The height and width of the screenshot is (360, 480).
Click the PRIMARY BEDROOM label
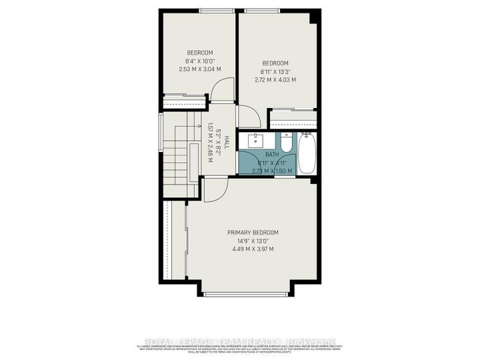[253, 232]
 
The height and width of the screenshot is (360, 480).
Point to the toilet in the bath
[286, 143]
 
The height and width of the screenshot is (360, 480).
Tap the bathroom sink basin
[257, 141]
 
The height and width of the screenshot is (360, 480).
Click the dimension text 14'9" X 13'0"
[253, 241]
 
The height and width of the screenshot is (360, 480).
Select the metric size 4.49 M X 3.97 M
[253, 249]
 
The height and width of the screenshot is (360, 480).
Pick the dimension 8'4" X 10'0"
[199, 61]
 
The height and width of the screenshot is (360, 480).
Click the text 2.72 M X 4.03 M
[275, 80]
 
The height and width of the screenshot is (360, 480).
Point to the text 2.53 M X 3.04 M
[199, 69]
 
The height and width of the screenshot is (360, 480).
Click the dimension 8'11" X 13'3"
[275, 71]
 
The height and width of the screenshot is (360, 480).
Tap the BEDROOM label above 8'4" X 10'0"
[199, 53]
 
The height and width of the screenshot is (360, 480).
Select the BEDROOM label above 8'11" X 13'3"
[275, 63]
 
